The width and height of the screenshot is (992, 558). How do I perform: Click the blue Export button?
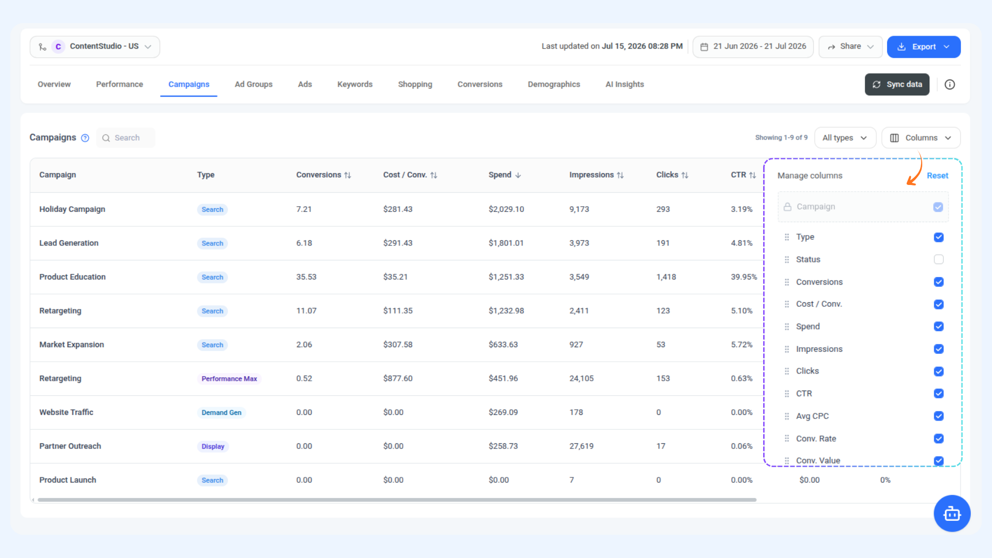pyautogui.click(x=923, y=47)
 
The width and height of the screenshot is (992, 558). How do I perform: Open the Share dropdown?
pyautogui.click(x=850, y=47)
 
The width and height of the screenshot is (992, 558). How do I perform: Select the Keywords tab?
pyautogui.click(x=354, y=84)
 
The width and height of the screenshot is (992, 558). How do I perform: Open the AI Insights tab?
pyautogui.click(x=625, y=84)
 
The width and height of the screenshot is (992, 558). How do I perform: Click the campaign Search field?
pyautogui.click(x=126, y=138)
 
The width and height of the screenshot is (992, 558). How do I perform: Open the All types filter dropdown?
pyautogui.click(x=845, y=138)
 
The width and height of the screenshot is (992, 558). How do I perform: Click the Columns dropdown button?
pyautogui.click(x=921, y=138)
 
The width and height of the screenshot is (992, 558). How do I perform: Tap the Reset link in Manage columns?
pyautogui.click(x=937, y=176)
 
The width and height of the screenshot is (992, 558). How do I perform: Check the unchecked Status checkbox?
pyautogui.click(x=939, y=259)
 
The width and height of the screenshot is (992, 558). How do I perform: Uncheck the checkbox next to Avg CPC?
pyautogui.click(x=939, y=416)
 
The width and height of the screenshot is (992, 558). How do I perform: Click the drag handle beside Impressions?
pyautogui.click(x=787, y=349)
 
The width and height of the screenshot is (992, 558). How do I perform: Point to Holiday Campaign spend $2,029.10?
pyautogui.click(x=506, y=209)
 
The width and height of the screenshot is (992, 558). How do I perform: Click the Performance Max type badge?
pyautogui.click(x=229, y=379)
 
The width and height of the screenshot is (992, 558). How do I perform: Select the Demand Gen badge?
pyautogui.click(x=221, y=412)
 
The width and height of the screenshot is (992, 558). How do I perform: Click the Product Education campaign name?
pyautogui.click(x=72, y=277)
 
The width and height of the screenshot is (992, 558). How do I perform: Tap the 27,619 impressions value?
pyautogui.click(x=581, y=446)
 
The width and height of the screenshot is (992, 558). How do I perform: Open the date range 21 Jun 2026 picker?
pyautogui.click(x=753, y=47)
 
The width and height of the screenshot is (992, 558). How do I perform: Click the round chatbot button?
pyautogui.click(x=952, y=514)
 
